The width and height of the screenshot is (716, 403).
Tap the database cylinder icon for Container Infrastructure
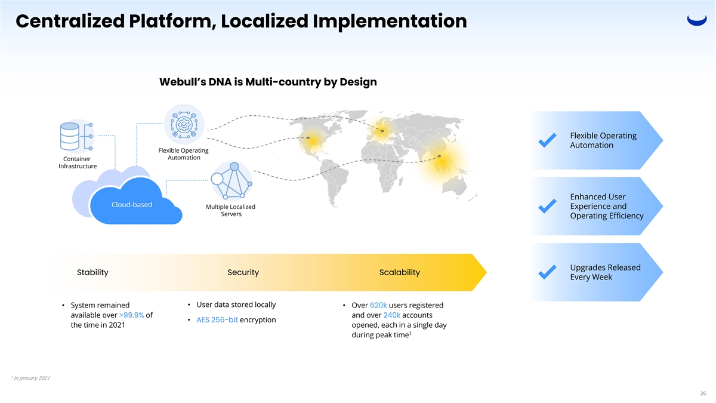(70, 137)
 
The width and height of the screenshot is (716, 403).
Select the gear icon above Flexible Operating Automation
(184, 124)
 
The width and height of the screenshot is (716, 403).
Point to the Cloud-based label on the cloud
(132, 205)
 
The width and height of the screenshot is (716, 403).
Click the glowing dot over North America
(308, 140)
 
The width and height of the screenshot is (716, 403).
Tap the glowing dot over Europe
(382, 131)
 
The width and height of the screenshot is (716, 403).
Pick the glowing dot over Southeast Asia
(440, 156)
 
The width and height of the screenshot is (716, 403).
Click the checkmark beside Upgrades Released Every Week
(548, 272)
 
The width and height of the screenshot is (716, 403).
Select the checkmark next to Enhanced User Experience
(548, 206)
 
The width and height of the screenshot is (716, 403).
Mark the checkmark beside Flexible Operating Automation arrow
(548, 140)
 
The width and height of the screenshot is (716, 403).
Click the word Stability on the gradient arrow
(92, 273)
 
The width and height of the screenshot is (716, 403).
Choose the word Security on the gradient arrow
(243, 273)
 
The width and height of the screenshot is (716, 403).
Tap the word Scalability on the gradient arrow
(399, 273)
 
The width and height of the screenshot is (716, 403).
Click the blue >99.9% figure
(131, 315)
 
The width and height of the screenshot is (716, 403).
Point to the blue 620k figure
(378, 306)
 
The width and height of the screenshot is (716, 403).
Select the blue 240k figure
(391, 315)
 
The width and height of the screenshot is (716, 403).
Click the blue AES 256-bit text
(217, 319)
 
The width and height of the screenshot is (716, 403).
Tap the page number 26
(703, 393)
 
